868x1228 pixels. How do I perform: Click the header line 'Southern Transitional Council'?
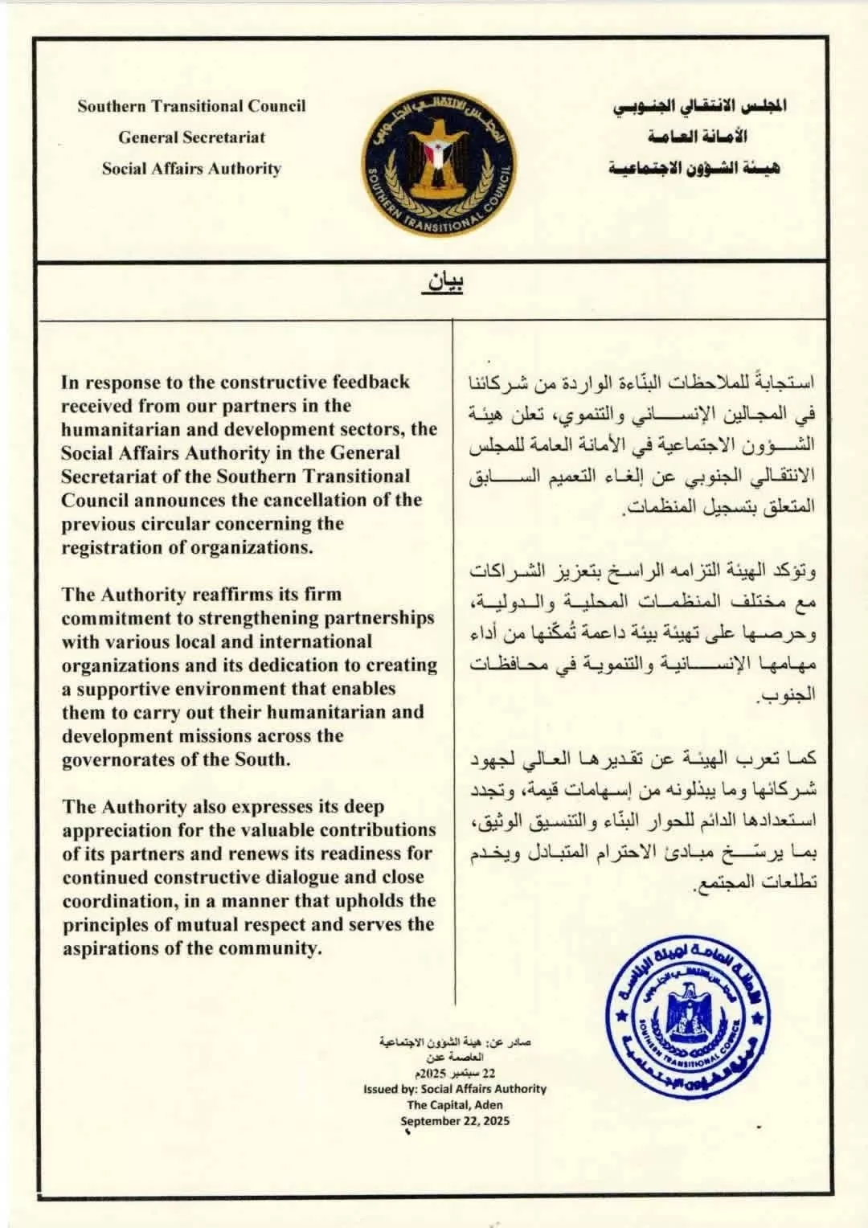point(191,106)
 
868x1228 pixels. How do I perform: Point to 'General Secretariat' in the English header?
point(191,137)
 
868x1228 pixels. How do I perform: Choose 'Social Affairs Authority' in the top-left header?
point(191,169)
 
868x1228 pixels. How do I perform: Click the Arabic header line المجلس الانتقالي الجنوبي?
point(699,106)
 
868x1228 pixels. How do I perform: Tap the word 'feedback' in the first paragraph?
point(368,382)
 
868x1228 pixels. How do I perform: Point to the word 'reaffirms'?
point(228,595)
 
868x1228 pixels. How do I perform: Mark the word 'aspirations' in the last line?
point(110,948)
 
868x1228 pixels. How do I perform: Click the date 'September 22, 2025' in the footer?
point(455,1121)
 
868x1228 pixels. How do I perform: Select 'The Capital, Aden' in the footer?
point(455,1105)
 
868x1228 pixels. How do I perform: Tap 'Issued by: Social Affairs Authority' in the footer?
point(455,1089)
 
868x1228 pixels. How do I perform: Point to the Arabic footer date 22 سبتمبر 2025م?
point(455,1074)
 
